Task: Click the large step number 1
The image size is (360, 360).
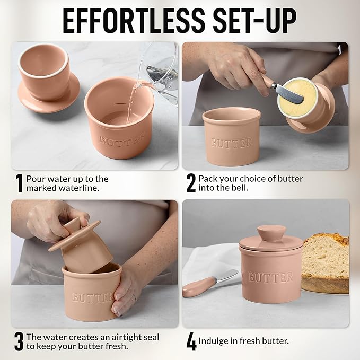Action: (x=19, y=183)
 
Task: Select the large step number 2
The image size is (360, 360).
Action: (x=191, y=183)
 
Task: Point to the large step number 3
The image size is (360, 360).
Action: (x=19, y=342)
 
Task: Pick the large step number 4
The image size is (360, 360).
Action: (x=191, y=342)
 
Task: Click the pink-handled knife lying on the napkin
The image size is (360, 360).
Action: (x=209, y=283)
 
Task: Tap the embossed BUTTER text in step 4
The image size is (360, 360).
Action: (x=270, y=277)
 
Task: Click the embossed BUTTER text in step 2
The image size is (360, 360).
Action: (x=232, y=143)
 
